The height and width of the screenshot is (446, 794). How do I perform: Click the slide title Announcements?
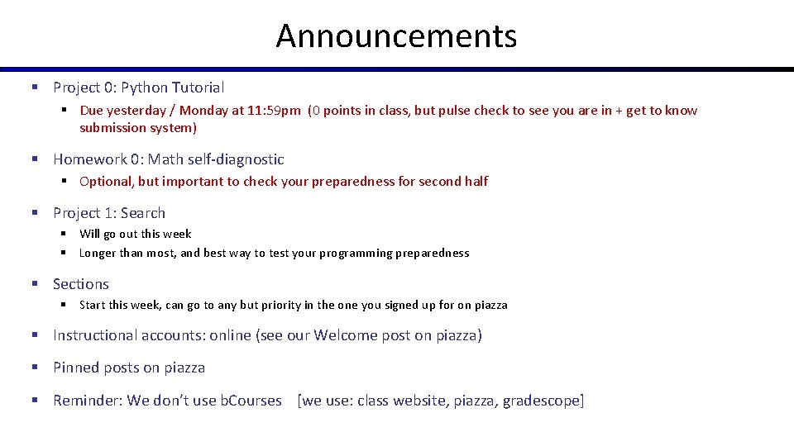396,36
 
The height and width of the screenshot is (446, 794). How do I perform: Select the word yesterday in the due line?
136,111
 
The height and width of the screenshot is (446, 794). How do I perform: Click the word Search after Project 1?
143,213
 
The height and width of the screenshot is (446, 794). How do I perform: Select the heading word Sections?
81,284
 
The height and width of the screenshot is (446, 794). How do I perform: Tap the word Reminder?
87,401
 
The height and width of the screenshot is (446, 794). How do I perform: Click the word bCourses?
251,401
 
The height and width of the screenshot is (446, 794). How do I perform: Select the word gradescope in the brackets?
543,401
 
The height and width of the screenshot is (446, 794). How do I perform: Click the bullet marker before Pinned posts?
36,368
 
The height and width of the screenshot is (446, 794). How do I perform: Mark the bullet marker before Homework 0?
36,159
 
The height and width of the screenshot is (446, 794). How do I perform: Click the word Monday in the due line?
203,111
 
